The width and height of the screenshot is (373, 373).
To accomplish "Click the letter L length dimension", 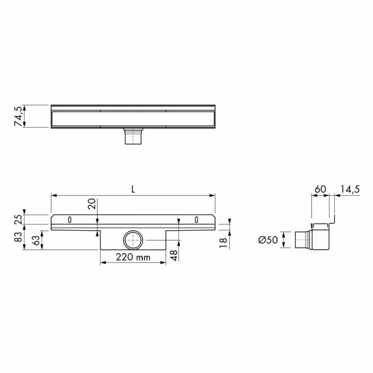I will (x=133, y=189).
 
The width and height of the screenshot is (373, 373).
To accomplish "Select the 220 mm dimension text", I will (x=133, y=257).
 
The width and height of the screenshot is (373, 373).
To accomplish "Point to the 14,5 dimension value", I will (x=350, y=189).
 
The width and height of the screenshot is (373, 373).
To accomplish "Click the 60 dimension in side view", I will (x=320, y=189).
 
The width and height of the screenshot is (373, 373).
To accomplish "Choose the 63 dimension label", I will (x=37, y=240).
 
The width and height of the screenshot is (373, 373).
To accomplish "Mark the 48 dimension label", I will (x=174, y=255).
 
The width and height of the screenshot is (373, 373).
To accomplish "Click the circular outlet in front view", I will (x=133, y=240).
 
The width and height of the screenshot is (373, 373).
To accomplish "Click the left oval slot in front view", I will (x=70, y=219).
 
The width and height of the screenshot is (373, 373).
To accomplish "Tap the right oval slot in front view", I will (x=197, y=219).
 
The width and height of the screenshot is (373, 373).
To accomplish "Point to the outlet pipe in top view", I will (x=133, y=136).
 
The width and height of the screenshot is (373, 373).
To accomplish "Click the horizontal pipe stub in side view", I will (x=301, y=241).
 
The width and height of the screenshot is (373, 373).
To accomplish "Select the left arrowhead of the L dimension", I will (x=53, y=195).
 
